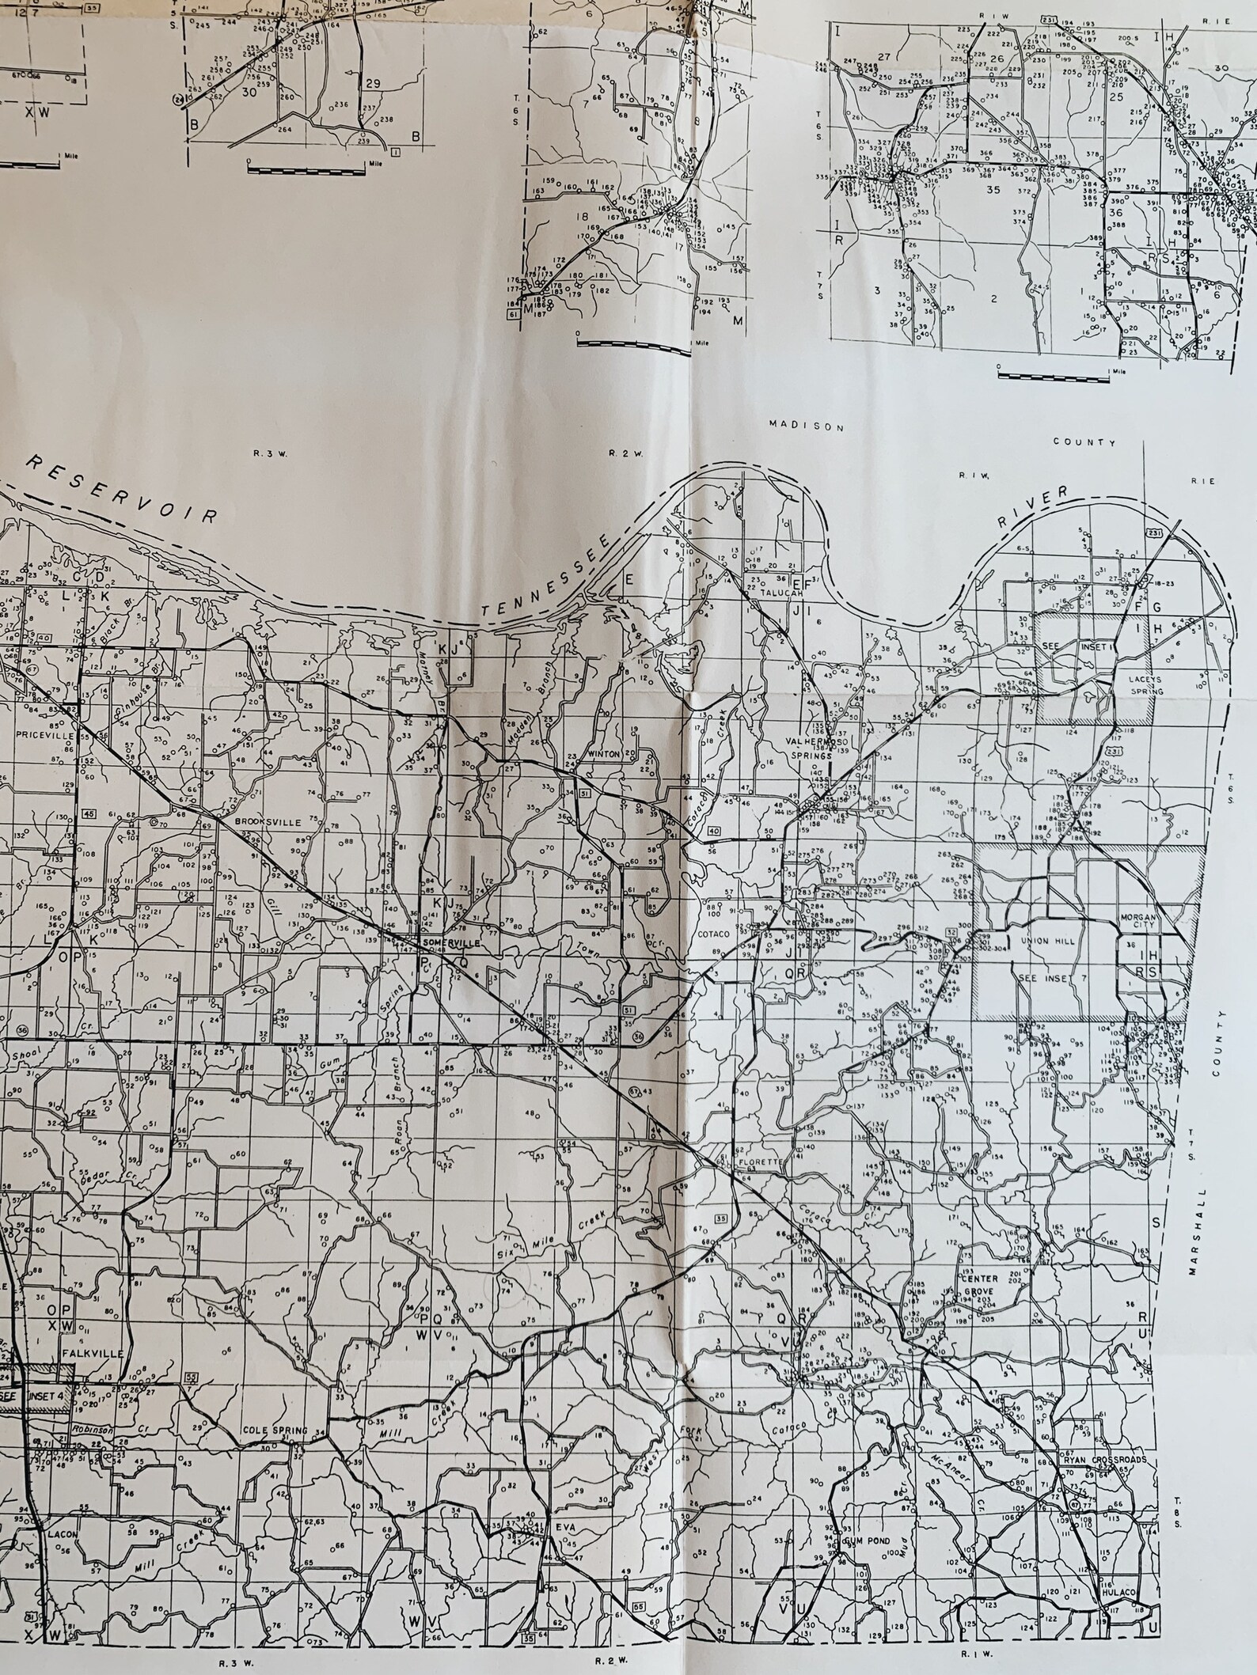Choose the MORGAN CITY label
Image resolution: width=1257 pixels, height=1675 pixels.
(x=1138, y=922)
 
